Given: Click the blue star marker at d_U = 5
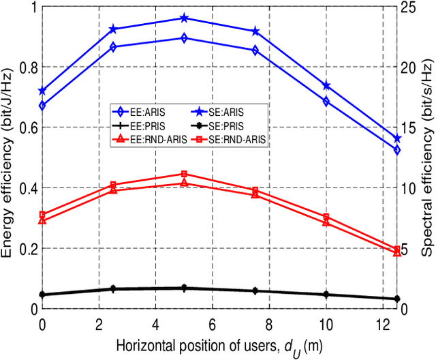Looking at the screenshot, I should click(184, 18).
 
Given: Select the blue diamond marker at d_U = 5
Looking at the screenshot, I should click(184, 38).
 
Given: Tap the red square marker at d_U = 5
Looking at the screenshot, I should click(184, 175).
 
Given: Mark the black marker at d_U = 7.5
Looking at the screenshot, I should click(255, 290).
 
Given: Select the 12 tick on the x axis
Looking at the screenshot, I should click(383, 322).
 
